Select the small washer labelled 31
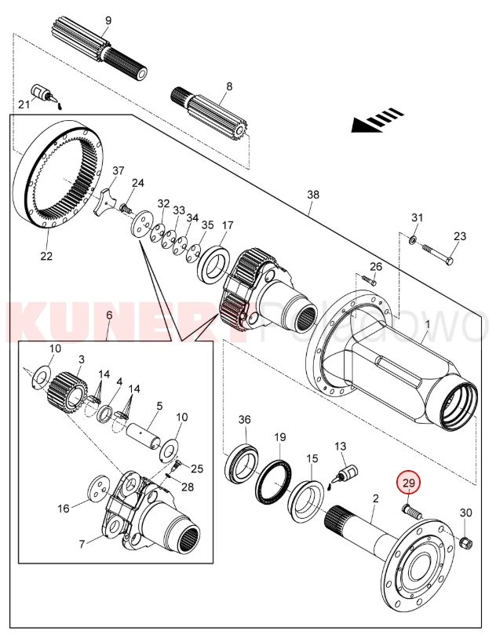tap(413, 239)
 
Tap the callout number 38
tap(312, 195)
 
